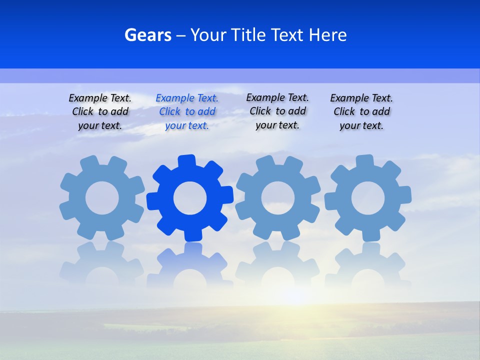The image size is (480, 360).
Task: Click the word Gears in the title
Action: tap(147, 35)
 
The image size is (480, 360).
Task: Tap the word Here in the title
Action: tap(327, 35)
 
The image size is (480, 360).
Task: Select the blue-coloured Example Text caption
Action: tap(187, 111)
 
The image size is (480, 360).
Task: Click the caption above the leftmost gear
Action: tap(100, 111)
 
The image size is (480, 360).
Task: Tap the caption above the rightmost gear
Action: tap(361, 111)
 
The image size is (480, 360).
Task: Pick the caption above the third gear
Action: tap(277, 111)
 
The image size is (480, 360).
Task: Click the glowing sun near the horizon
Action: tap(295, 295)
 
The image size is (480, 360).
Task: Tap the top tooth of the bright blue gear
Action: tap(185, 161)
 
